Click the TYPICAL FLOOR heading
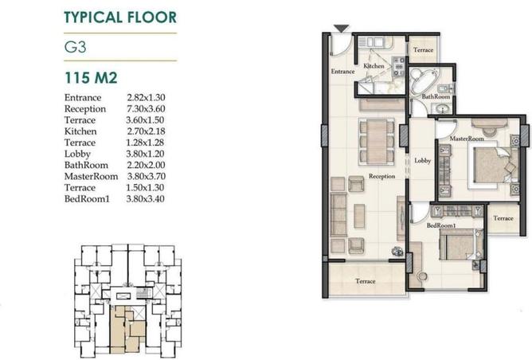pyautogui.click(x=119, y=16)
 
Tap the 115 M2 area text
pyautogui.click(x=92, y=77)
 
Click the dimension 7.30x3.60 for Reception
pyautogui.click(x=146, y=108)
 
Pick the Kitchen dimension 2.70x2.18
pyautogui.click(x=146, y=131)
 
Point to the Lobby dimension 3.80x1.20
pyautogui.click(x=146, y=153)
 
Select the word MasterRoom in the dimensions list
pyautogui.click(x=90, y=175)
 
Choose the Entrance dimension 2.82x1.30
pyautogui.click(x=146, y=97)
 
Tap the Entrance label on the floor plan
pyautogui.click(x=342, y=71)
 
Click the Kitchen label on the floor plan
pyautogui.click(x=374, y=66)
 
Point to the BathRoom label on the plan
pyautogui.click(x=436, y=97)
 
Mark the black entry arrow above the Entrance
pyautogui.click(x=340, y=29)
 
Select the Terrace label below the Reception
pyautogui.click(x=365, y=281)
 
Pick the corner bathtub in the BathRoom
pyautogui.click(x=420, y=79)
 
